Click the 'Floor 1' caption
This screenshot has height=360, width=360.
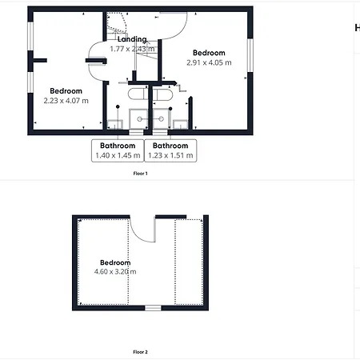coord(140,174)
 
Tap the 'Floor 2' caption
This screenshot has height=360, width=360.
coord(140,352)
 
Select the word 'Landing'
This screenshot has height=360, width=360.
coord(132,39)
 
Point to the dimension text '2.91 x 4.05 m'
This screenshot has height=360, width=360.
coord(209,62)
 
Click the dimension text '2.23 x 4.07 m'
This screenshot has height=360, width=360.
coord(66,101)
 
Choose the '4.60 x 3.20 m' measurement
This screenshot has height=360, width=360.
coord(115,272)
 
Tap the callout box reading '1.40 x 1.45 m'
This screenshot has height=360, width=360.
coord(118,150)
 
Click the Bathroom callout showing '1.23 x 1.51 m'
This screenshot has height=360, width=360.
coord(170,150)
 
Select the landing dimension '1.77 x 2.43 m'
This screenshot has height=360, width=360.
coord(132,49)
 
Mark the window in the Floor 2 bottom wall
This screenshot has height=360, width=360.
coord(153,308)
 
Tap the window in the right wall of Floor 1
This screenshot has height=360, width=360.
coord(250,55)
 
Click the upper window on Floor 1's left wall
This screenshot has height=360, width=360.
coord(30,36)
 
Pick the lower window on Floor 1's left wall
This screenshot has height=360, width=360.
coord(30,82)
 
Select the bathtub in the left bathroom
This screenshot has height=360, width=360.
coord(138,94)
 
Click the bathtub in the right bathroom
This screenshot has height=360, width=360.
coord(162,94)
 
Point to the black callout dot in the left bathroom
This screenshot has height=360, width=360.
coord(118,106)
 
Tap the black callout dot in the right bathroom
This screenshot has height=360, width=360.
coord(170,109)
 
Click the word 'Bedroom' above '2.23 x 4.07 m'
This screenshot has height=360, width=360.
coord(66,91)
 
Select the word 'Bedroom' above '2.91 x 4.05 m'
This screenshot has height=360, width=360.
coord(209,53)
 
